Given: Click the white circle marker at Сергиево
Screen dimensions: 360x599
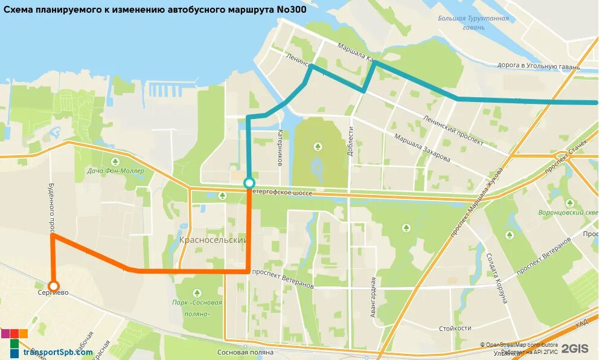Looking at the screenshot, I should [x=54, y=286].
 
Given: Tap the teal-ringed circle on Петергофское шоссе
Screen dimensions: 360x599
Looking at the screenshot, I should [x=249, y=183].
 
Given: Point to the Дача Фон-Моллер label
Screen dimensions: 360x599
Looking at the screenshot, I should [x=115, y=171].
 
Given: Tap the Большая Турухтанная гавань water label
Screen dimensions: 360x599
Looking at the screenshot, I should [x=473, y=22].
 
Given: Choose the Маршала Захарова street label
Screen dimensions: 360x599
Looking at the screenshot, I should [x=422, y=148].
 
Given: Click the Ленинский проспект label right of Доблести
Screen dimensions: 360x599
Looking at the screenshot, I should [x=454, y=132].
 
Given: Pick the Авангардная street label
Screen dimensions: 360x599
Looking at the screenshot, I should [x=374, y=298].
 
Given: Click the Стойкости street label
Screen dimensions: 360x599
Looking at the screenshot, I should [x=455, y=328].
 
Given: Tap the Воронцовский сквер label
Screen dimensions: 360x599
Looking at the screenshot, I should [x=568, y=212].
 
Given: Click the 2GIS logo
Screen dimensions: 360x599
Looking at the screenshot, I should [x=574, y=349].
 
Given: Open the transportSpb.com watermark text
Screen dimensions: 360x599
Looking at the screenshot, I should [x=58, y=352].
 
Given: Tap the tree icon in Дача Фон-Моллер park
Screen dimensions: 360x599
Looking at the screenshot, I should [x=115, y=161].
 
